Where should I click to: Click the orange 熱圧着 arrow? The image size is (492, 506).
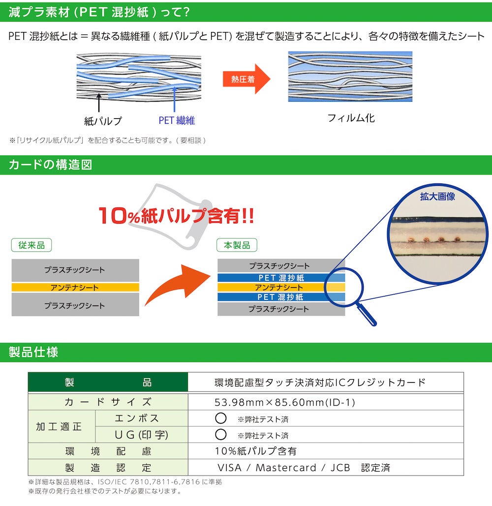(246, 79)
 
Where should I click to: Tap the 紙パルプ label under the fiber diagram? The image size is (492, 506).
(103, 121)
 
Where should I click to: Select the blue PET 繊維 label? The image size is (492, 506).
(177, 120)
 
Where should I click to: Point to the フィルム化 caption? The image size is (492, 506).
(351, 118)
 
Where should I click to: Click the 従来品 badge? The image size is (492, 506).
(31, 245)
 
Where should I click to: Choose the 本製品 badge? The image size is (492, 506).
(237, 245)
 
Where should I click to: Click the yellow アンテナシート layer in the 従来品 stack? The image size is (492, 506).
(75, 287)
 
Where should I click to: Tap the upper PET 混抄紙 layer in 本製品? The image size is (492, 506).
(281, 277)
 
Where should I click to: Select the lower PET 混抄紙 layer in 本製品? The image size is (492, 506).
(281, 297)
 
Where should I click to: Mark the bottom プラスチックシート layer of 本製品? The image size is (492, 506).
(281, 309)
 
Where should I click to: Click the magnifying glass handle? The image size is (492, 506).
(367, 315)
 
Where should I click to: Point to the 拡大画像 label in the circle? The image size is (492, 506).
(437, 197)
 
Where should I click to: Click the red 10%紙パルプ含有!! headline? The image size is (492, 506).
(176, 215)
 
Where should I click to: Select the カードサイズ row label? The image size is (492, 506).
(108, 402)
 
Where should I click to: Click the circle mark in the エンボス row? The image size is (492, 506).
(220, 418)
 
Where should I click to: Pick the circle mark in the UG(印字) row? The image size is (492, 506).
(220, 434)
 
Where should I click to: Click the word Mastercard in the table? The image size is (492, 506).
(286, 468)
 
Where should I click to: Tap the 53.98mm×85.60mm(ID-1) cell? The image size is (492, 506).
(285, 402)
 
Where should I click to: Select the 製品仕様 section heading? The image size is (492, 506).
(33, 352)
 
